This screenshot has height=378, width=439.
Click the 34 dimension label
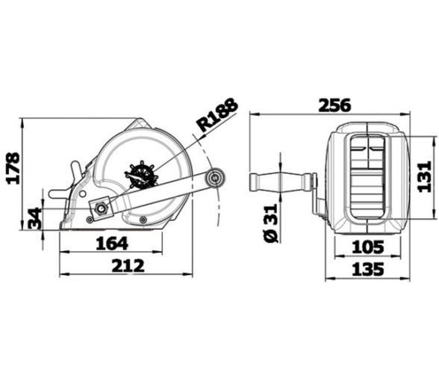34,220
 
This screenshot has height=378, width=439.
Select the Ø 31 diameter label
271,222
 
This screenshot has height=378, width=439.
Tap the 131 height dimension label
425,176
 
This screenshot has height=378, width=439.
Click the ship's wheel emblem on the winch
141,176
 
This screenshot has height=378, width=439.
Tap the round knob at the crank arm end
216,178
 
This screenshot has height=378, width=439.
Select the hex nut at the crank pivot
99,207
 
